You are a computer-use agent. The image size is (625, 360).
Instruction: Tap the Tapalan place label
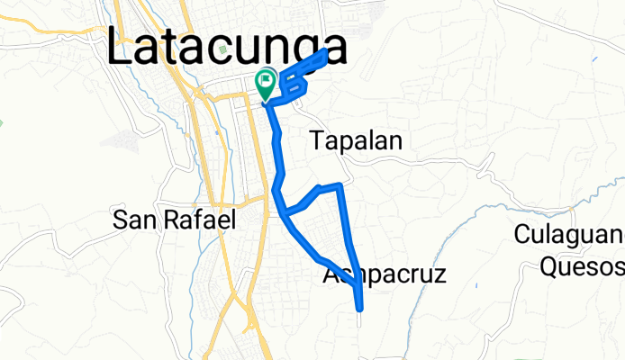click(x=355, y=139)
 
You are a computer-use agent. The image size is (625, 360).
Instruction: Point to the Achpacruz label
click(x=385, y=275)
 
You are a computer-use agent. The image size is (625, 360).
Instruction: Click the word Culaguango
click(x=570, y=237)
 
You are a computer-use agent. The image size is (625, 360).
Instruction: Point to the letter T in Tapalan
click(x=316, y=139)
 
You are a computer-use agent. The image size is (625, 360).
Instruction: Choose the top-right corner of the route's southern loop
click(x=339, y=185)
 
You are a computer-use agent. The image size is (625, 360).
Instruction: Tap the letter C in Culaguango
click(x=522, y=237)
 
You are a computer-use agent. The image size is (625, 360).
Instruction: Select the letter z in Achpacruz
click(x=439, y=275)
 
